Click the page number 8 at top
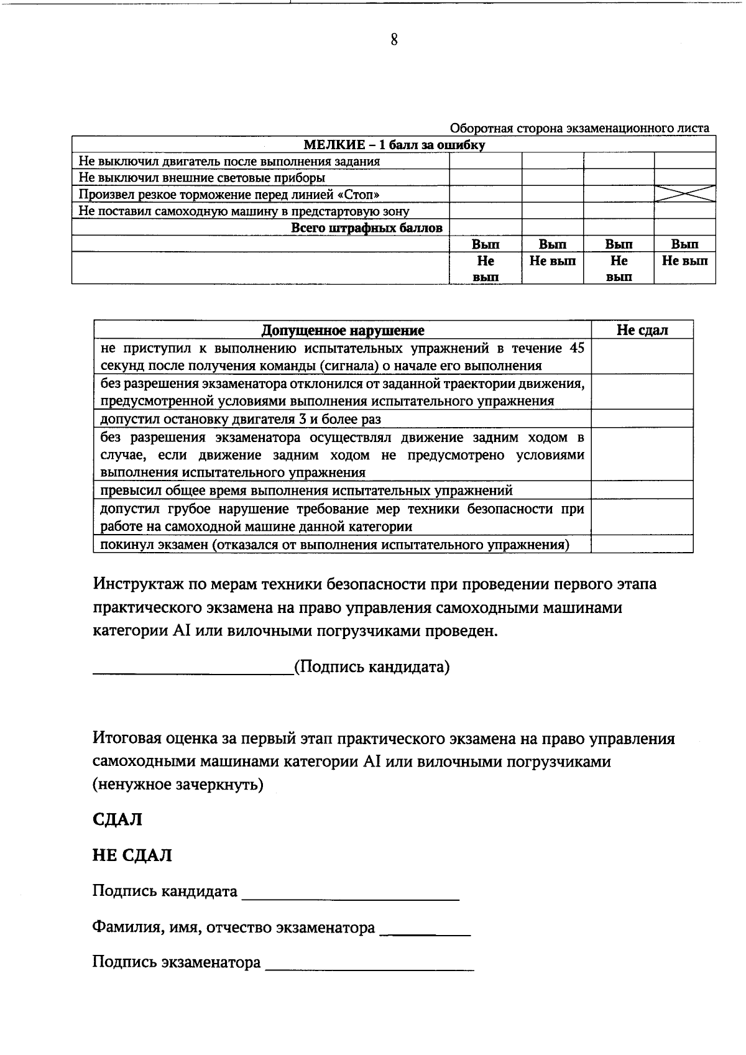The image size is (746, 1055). coord(394,40)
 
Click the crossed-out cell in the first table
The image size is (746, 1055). coord(684,193)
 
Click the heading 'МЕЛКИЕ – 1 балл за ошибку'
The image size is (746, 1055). coord(394,145)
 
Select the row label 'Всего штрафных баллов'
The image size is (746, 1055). coord(367,228)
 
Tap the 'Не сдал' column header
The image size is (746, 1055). coord(642,330)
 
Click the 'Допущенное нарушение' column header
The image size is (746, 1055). coord(343,330)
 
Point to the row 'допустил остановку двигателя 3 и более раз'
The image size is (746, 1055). coord(241,419)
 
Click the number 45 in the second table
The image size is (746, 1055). coord(576,348)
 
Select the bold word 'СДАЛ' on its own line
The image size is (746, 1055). coord(117,819)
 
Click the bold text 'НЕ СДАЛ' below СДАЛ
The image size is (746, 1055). coord(132,855)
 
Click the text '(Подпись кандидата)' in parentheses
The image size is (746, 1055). coord(371,667)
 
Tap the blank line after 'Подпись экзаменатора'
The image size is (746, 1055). coord(369,965)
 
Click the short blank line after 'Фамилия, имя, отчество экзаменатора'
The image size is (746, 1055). coord(425,931)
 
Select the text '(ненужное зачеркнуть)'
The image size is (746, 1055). coord(178,785)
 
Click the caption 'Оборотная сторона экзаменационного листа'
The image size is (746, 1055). coord(579,128)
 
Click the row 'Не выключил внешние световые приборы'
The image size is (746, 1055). coord(201,178)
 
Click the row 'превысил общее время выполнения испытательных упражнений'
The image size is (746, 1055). coord(306,491)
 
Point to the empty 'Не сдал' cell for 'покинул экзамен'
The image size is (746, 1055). coord(642,545)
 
